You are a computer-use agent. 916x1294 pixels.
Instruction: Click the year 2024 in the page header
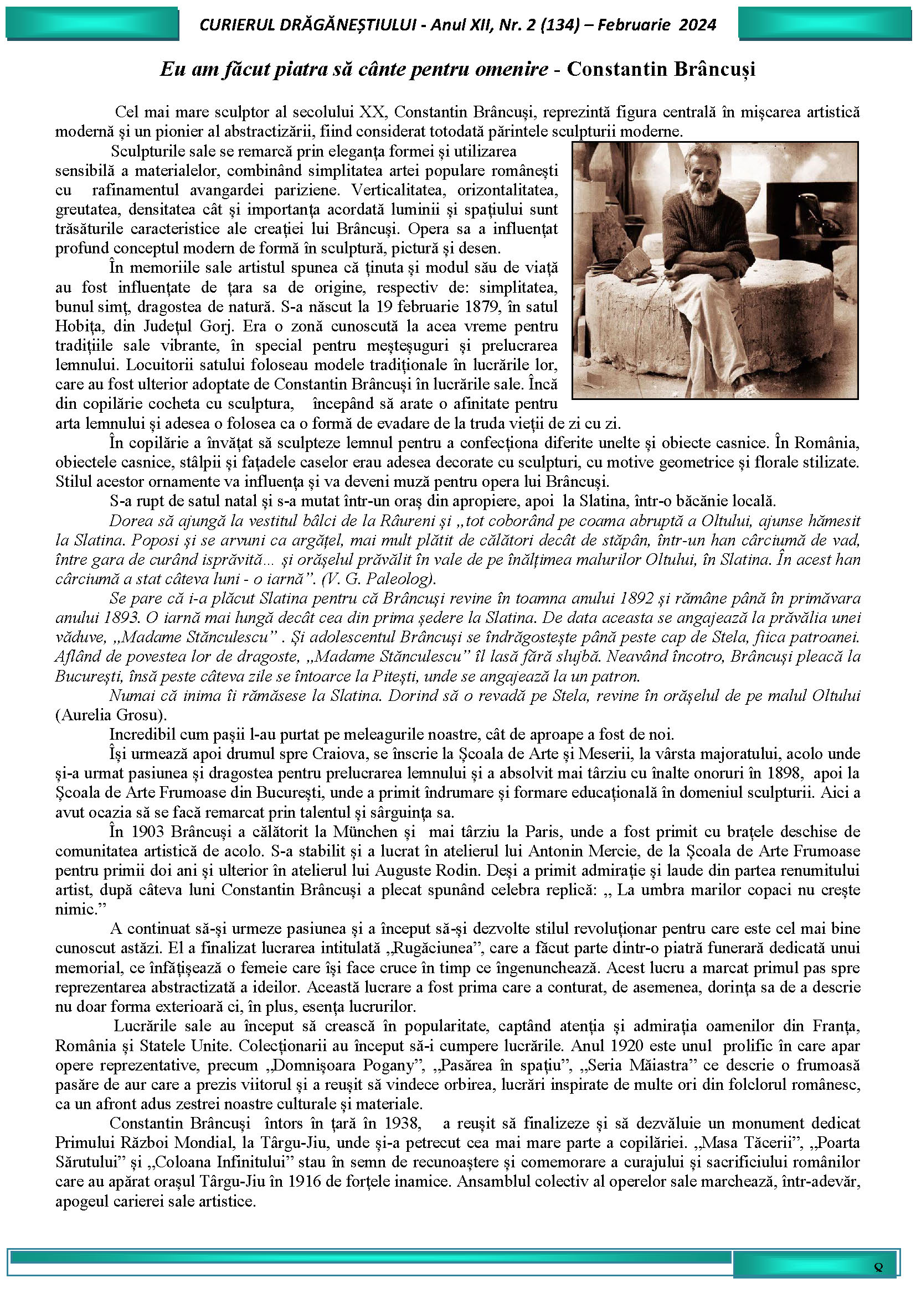[x=698, y=25]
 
